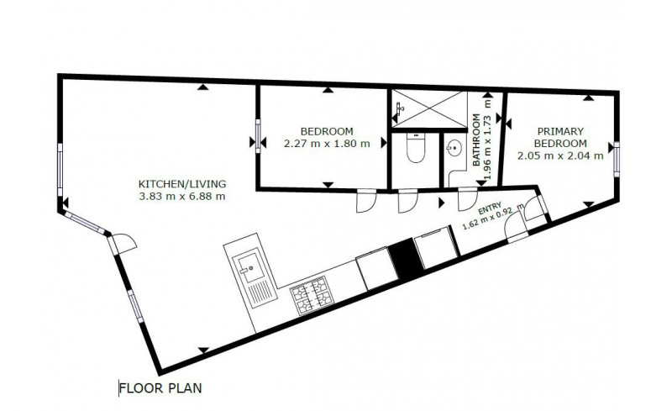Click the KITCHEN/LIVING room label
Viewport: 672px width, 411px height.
pos(182,184)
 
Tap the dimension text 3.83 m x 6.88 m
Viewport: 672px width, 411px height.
pos(182,197)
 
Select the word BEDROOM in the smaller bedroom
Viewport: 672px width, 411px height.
pos(327,131)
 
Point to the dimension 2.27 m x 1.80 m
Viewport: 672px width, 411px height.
pos(327,144)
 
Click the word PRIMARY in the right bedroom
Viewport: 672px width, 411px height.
pos(560,131)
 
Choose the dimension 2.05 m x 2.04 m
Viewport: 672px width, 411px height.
pos(560,156)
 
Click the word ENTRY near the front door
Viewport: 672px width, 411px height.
pos(490,209)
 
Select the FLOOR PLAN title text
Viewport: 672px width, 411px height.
pos(160,388)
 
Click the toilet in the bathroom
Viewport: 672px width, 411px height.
pos(415,148)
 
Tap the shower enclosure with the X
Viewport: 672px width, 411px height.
pos(429,109)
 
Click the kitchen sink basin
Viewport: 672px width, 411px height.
pos(251,268)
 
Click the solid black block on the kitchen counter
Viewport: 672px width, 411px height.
pos(405,259)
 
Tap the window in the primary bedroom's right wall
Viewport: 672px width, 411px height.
pos(617,159)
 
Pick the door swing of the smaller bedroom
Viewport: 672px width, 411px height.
pos(366,201)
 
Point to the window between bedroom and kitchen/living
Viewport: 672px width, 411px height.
pos(258,136)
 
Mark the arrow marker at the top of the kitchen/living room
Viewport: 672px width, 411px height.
pos(203,87)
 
